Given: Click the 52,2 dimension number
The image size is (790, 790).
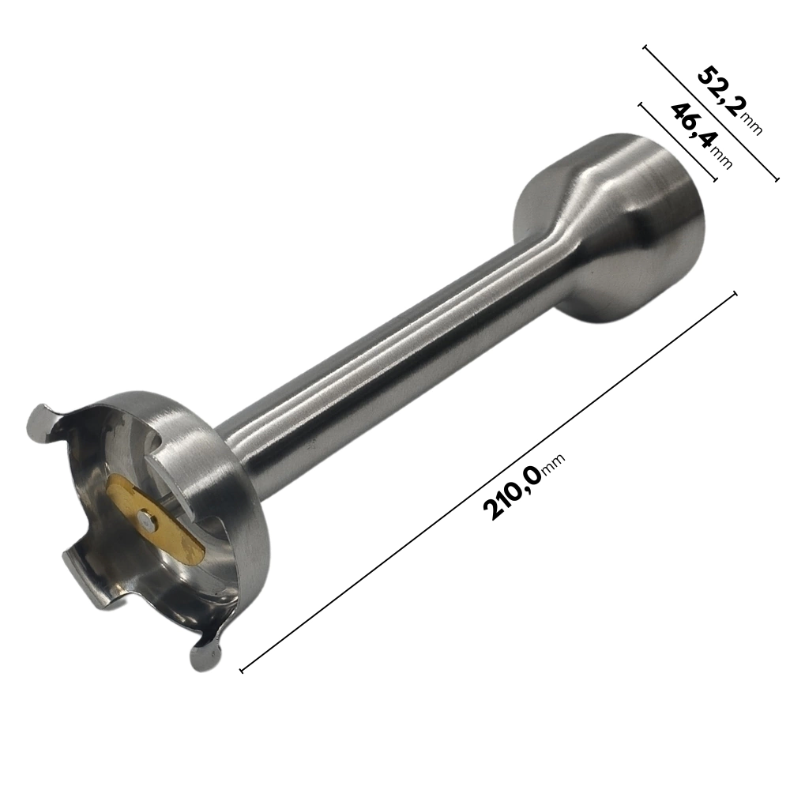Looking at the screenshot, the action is pos(718,90).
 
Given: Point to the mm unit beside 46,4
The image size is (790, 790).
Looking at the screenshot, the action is pos(720,156).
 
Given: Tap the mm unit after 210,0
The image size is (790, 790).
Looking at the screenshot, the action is pos(554,464).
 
